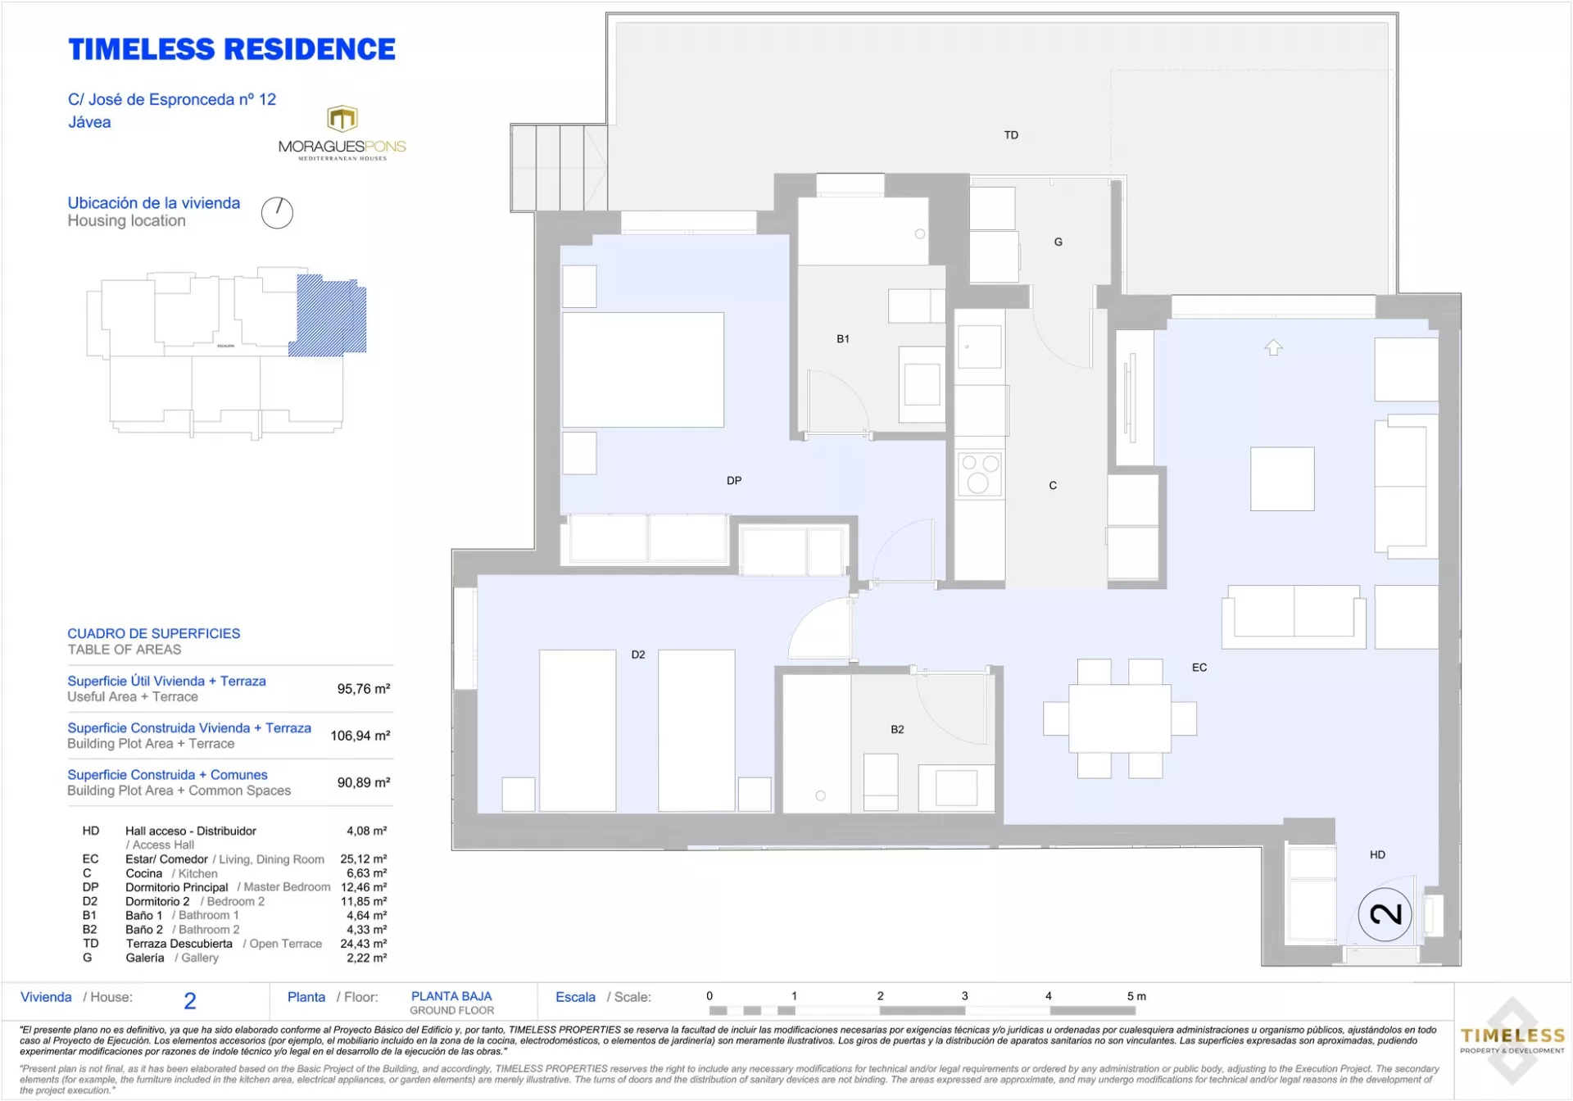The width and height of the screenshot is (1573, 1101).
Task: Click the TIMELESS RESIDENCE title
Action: point(232,50)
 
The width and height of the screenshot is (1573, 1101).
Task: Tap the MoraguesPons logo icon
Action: point(342,119)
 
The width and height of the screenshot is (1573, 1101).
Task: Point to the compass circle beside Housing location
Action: point(277,213)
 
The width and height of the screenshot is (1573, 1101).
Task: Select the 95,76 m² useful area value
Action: point(364,689)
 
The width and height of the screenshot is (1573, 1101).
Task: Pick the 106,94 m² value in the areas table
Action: point(360,736)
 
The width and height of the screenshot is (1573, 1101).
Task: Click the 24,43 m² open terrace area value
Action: point(364,944)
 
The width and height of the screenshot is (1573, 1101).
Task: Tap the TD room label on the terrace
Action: point(1011,135)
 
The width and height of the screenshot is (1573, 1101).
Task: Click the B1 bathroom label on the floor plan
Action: point(843,338)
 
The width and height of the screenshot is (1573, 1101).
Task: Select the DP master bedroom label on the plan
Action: point(734,481)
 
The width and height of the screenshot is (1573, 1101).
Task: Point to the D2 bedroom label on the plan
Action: point(638,655)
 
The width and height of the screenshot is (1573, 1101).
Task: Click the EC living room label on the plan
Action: point(1199,668)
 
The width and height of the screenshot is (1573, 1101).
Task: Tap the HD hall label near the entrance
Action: point(1377,854)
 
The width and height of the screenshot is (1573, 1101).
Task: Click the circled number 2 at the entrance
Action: point(1385,914)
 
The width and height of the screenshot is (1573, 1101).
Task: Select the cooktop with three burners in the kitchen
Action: point(980,474)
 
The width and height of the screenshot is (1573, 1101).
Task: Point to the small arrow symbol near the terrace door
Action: point(1273,347)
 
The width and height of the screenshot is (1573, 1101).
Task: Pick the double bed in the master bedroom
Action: point(643,369)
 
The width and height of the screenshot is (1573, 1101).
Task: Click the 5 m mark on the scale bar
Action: point(1136,996)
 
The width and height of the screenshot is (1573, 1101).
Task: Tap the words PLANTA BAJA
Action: point(451,996)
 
